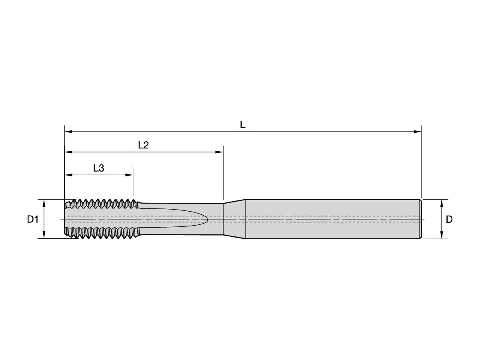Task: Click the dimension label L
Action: [x=242, y=125]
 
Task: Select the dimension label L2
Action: [x=144, y=145]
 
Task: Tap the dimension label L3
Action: [x=99, y=168]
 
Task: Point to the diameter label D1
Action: [x=33, y=219]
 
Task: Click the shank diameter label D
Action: [x=449, y=219]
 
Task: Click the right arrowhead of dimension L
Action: [x=418, y=132]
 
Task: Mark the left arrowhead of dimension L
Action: [x=68, y=132]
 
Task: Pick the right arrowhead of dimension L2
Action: [x=219, y=152]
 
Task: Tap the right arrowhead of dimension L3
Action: [x=129, y=175]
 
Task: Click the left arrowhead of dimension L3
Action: [x=68, y=175]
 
